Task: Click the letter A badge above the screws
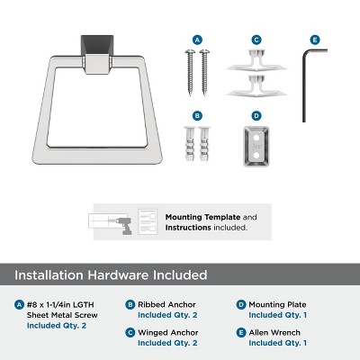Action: pyautogui.click(x=197, y=40)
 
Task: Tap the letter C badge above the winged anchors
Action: pyautogui.click(x=256, y=40)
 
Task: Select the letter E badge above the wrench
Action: pyautogui.click(x=315, y=40)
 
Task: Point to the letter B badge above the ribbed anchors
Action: pyautogui.click(x=197, y=116)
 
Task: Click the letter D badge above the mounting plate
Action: pyautogui.click(x=256, y=116)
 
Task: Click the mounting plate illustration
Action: pyautogui.click(x=256, y=147)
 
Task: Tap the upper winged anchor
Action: pyautogui.click(x=256, y=61)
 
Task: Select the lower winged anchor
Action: pyautogui.click(x=256, y=86)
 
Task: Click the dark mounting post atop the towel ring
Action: pyautogui.click(x=97, y=45)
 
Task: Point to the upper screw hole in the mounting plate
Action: pyautogui.click(x=256, y=138)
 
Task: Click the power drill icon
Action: pyautogui.click(x=123, y=225)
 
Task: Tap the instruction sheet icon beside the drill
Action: pyautogui.click(x=148, y=222)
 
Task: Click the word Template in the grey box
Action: pyautogui.click(x=222, y=217)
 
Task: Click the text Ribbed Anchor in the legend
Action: pyautogui.click(x=166, y=305)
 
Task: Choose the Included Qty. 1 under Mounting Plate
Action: pyautogui.click(x=278, y=315)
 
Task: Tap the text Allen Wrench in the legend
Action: pyautogui.click(x=274, y=333)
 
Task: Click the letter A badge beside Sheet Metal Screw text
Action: pyautogui.click(x=19, y=305)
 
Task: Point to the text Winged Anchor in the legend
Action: pyautogui.click(x=168, y=333)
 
